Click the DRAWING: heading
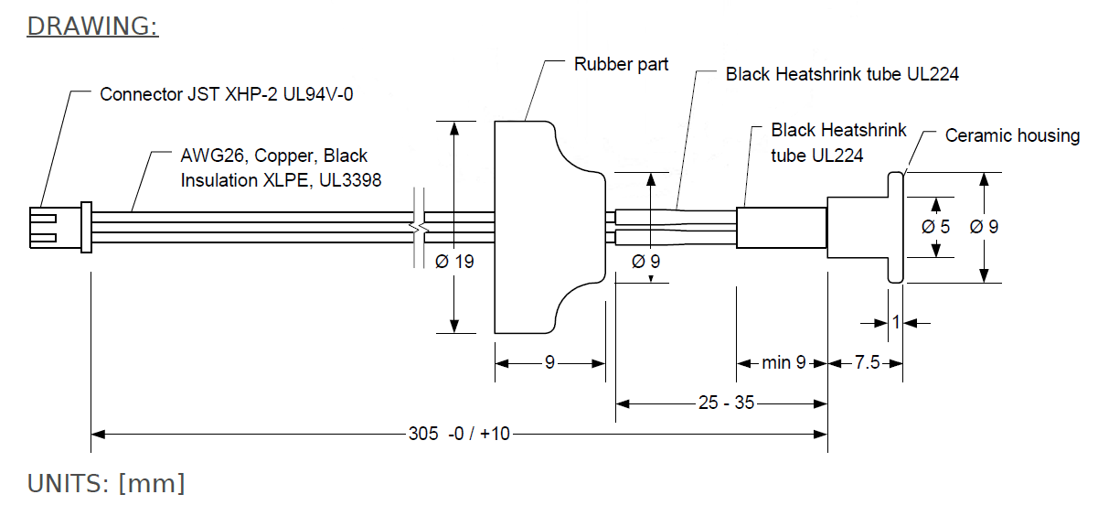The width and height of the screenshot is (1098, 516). [x=92, y=26]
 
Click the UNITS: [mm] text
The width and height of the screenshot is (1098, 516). [x=106, y=484]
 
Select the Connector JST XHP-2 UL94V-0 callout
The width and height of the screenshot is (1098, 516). [x=226, y=93]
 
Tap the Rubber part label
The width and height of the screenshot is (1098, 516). [x=621, y=64]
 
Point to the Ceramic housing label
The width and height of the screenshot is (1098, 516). [x=1012, y=135]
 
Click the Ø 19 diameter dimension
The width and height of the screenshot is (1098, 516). [x=454, y=262]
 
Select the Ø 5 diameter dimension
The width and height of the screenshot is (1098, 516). [x=936, y=226]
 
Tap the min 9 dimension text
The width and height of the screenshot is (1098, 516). [x=784, y=363]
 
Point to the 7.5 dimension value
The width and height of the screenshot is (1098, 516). [x=867, y=363]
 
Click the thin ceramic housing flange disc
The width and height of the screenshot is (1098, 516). [x=895, y=227]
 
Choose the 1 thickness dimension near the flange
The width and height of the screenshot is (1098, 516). [x=895, y=322]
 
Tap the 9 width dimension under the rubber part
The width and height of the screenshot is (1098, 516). [x=549, y=363]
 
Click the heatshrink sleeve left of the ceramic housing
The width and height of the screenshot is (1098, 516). [x=782, y=227]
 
